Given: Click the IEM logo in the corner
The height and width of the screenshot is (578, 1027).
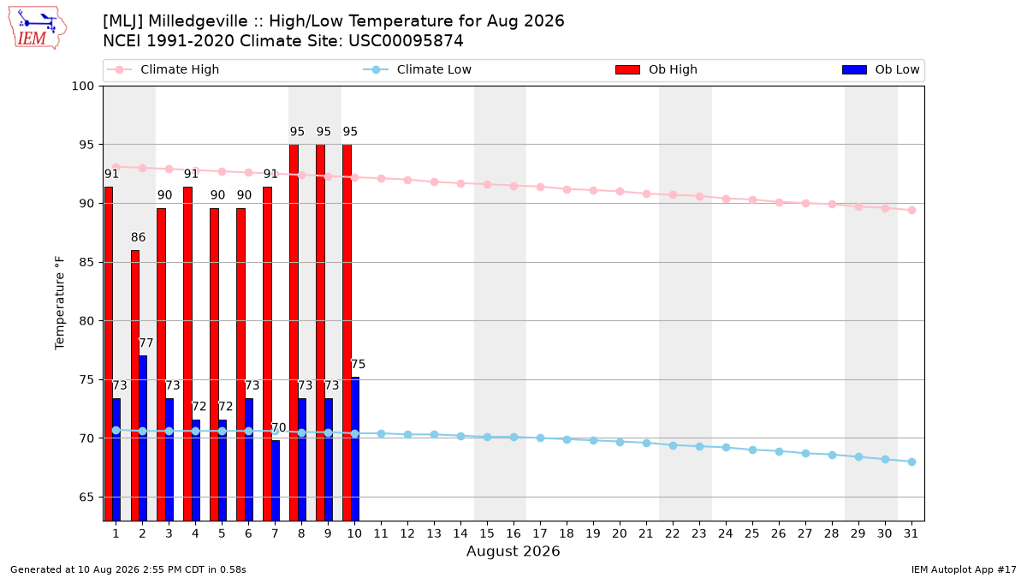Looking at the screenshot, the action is pyautogui.click(x=38, y=28).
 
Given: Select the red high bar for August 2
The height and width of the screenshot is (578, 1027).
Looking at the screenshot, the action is pyautogui.click(x=135, y=385).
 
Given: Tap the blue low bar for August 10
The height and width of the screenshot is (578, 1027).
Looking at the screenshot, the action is pyautogui.click(x=355, y=449).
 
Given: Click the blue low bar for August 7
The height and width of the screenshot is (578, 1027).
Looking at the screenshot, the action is pyautogui.click(x=276, y=480).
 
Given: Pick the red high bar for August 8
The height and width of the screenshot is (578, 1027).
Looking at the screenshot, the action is pyautogui.click(x=294, y=332).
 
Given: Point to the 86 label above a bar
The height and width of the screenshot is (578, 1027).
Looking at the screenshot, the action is pyautogui.click(x=138, y=237).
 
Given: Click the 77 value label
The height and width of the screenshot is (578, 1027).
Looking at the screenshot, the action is pyautogui.click(x=145, y=343).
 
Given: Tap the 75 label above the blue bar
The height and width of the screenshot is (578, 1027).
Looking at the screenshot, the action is pyautogui.click(x=358, y=364).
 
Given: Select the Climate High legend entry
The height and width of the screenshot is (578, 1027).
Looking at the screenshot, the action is pyautogui.click(x=163, y=69).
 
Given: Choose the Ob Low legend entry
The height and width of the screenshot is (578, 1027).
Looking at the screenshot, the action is pyautogui.click(x=881, y=69).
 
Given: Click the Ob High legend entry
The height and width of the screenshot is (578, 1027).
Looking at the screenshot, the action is pyautogui.click(x=656, y=69).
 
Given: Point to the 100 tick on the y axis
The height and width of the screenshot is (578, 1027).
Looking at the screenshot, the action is pyautogui.click(x=82, y=86).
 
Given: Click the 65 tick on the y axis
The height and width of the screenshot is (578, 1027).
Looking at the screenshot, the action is pyautogui.click(x=86, y=498).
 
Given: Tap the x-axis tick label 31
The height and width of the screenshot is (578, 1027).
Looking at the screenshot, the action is pyautogui.click(x=911, y=533).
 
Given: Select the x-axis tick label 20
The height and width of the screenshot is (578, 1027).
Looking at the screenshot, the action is pyautogui.click(x=620, y=533).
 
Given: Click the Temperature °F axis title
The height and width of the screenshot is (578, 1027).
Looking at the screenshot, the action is pyautogui.click(x=60, y=303).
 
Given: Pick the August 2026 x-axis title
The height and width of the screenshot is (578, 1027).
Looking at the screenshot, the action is pyautogui.click(x=513, y=551).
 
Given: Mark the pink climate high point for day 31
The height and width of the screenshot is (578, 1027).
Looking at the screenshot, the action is pyautogui.click(x=912, y=210).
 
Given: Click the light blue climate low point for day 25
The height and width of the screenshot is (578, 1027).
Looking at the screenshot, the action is pyautogui.click(x=752, y=450).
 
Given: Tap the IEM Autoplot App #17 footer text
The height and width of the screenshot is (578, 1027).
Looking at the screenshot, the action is pyautogui.click(x=964, y=569).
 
